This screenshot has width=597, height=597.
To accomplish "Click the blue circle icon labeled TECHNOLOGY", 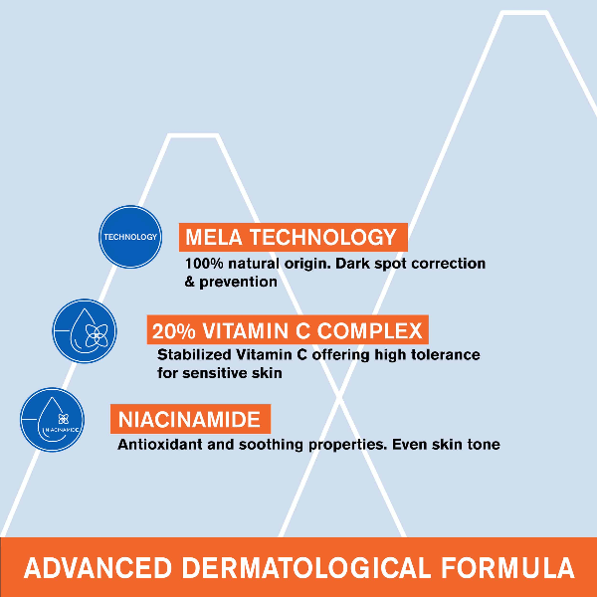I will [130, 237].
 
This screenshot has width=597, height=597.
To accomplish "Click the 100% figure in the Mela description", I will [205, 265].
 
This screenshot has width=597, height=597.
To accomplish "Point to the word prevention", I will [238, 282].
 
